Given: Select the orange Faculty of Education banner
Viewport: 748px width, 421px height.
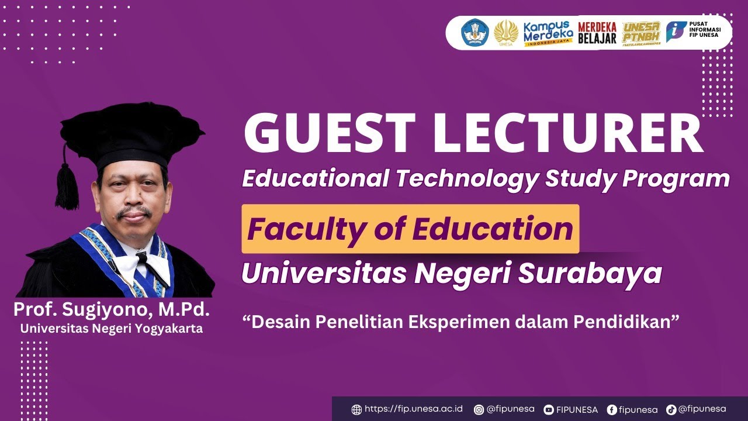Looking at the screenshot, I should pyautogui.click(x=410, y=229).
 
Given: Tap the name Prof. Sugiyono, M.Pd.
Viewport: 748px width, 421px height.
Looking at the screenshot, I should pyautogui.click(x=112, y=310).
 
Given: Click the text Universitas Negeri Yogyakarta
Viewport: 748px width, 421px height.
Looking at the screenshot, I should pyautogui.click(x=112, y=329).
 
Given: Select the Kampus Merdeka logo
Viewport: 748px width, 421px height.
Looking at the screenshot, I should pyautogui.click(x=548, y=33).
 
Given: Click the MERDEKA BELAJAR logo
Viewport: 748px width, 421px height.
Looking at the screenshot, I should pyautogui.click(x=597, y=33).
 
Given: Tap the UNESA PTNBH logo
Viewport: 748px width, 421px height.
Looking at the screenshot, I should pyautogui.click(x=641, y=33).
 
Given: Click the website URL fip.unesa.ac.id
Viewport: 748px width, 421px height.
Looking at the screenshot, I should pyautogui.click(x=413, y=409).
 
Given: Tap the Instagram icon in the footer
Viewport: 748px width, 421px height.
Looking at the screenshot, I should pyautogui.click(x=479, y=410).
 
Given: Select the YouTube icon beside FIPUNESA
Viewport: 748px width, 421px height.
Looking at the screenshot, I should pyautogui.click(x=549, y=410).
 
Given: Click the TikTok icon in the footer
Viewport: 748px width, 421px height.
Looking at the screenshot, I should pyautogui.click(x=671, y=410).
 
